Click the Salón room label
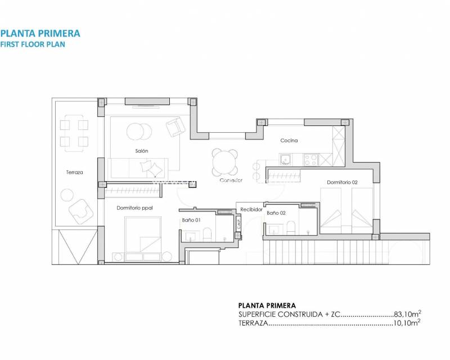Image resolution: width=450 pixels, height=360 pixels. tap(141, 151)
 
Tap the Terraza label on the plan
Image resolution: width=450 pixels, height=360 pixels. tap(74, 173)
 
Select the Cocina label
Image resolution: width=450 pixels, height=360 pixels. tap(289, 141)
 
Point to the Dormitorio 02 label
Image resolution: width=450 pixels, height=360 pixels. tap(343, 182)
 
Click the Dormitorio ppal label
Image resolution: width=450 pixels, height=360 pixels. tap(135, 208)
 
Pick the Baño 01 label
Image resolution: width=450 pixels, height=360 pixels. tap(191, 220)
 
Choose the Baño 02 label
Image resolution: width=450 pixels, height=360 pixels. tap(277, 213)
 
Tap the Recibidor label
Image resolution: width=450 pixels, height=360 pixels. tap(251, 209)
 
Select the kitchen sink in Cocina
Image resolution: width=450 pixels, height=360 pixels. tap(286, 159)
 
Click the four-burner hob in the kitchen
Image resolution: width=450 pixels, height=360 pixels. tap(311, 159)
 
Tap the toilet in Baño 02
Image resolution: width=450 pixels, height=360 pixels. tap(291, 228)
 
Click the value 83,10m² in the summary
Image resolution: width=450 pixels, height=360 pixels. tap(407, 314)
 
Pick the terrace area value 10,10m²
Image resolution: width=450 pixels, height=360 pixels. tap(407, 323)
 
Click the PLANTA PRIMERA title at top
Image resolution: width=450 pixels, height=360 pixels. tap(40, 33)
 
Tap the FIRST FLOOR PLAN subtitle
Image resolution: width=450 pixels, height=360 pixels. tap(33, 44)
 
